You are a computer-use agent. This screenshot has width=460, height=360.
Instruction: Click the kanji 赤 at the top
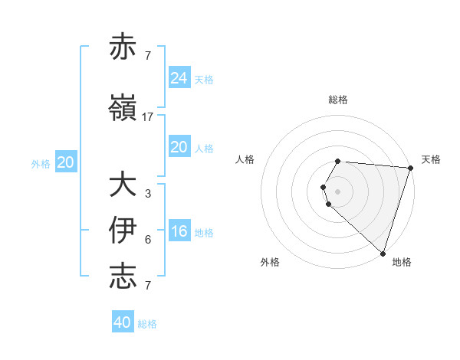[x=123, y=47]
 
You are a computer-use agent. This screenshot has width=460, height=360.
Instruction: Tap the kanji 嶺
[x=123, y=109]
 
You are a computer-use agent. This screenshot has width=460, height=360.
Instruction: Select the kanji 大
[x=123, y=185]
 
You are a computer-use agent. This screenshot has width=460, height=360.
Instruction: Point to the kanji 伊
[x=123, y=231]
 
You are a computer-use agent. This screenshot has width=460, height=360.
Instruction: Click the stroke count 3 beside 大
[x=148, y=194]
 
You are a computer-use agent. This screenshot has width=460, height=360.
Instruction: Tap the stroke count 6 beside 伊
[x=148, y=240]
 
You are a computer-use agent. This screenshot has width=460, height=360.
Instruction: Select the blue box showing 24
[x=179, y=77]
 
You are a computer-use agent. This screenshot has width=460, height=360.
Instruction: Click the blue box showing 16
[x=179, y=231]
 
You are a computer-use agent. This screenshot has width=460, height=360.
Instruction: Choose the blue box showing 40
[x=123, y=322]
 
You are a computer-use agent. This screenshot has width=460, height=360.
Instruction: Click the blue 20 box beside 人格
[x=179, y=147]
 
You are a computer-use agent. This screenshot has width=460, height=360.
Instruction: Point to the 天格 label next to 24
[x=204, y=79]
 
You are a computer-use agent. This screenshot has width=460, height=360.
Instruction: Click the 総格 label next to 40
[x=147, y=324]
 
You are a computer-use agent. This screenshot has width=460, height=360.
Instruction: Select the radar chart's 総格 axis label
[x=338, y=100]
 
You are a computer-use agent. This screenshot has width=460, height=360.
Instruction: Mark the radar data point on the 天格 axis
[x=410, y=168]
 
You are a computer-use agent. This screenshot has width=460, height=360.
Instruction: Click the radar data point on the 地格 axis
[x=383, y=253]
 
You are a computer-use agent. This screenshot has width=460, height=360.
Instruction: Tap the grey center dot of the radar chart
[x=338, y=191]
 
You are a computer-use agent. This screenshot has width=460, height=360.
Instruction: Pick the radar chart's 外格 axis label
[x=270, y=262]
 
